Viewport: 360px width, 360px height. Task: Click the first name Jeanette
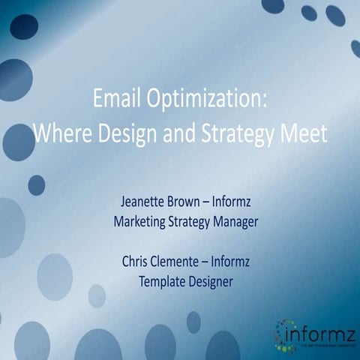[144, 202]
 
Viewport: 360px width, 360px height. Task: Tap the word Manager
[243, 222]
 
